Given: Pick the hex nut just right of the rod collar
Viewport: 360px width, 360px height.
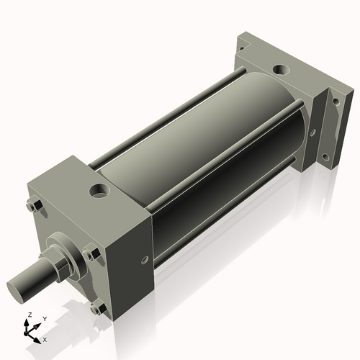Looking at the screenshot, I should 91,254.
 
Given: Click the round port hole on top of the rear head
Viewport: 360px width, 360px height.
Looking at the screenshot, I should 282,70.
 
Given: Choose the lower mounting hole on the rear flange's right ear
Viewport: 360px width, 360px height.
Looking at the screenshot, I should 325,158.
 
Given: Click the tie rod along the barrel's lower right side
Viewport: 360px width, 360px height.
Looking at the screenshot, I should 216,216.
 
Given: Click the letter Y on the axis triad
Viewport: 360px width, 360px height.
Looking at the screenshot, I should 44,318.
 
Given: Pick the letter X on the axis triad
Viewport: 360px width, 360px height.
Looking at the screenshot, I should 45,338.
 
